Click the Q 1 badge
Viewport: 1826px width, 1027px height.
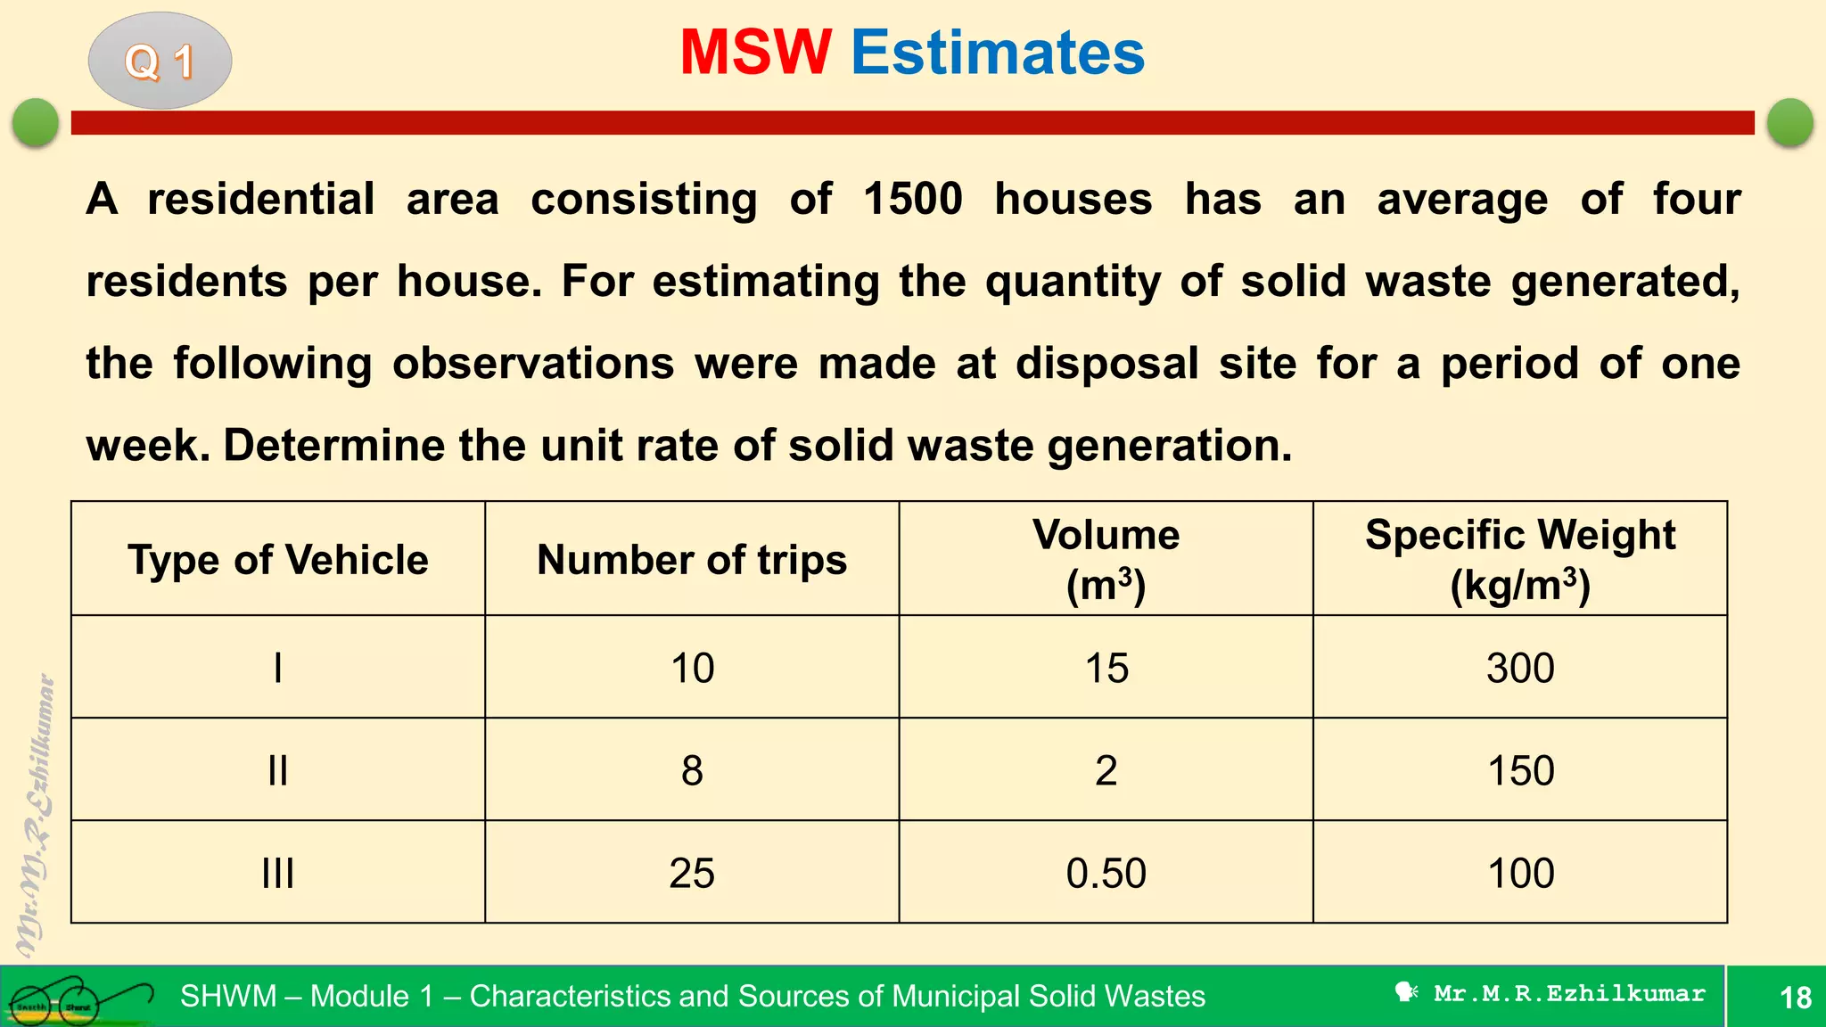click(160, 61)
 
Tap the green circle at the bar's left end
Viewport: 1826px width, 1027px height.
click(36, 122)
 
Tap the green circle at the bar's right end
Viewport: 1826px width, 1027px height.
click(1789, 122)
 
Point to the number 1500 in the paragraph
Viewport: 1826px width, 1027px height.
click(912, 198)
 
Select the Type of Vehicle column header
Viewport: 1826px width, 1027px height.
click(277, 559)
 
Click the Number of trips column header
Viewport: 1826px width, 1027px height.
click(691, 559)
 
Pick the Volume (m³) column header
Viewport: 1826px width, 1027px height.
click(1106, 559)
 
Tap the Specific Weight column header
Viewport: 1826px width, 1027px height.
click(1519, 559)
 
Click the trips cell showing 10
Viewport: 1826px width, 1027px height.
click(691, 668)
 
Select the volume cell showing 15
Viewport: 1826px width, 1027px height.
click(1106, 668)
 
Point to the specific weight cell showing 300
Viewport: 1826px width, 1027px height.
click(1519, 668)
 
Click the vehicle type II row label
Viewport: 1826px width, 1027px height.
click(277, 770)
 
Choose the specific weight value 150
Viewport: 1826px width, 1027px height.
click(1519, 770)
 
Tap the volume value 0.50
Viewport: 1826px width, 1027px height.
click(1106, 873)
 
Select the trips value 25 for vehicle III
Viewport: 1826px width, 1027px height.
click(691, 873)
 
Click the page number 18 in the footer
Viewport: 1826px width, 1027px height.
click(1795, 997)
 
